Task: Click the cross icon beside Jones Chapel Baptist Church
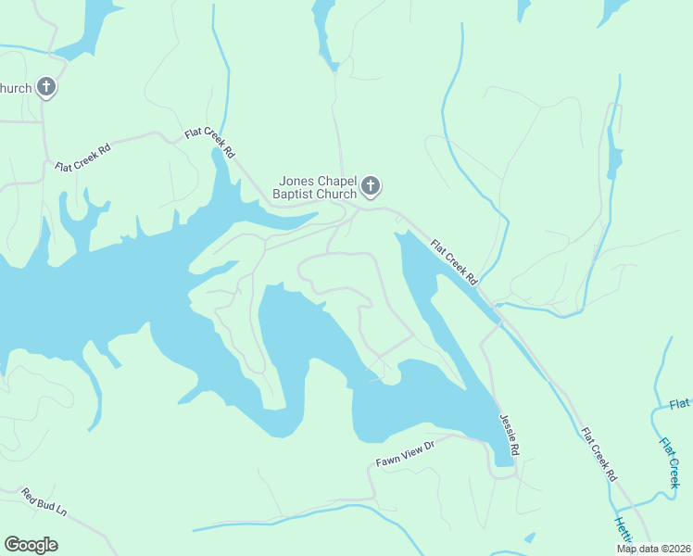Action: (x=371, y=186)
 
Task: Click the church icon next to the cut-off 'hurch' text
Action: (x=46, y=88)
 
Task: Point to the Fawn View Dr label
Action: (x=405, y=453)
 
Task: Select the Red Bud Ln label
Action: (x=44, y=503)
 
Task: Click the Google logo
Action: (x=31, y=545)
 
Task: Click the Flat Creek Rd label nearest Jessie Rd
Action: (x=599, y=454)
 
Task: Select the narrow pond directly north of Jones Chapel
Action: (x=324, y=32)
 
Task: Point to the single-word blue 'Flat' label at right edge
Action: (x=681, y=404)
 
